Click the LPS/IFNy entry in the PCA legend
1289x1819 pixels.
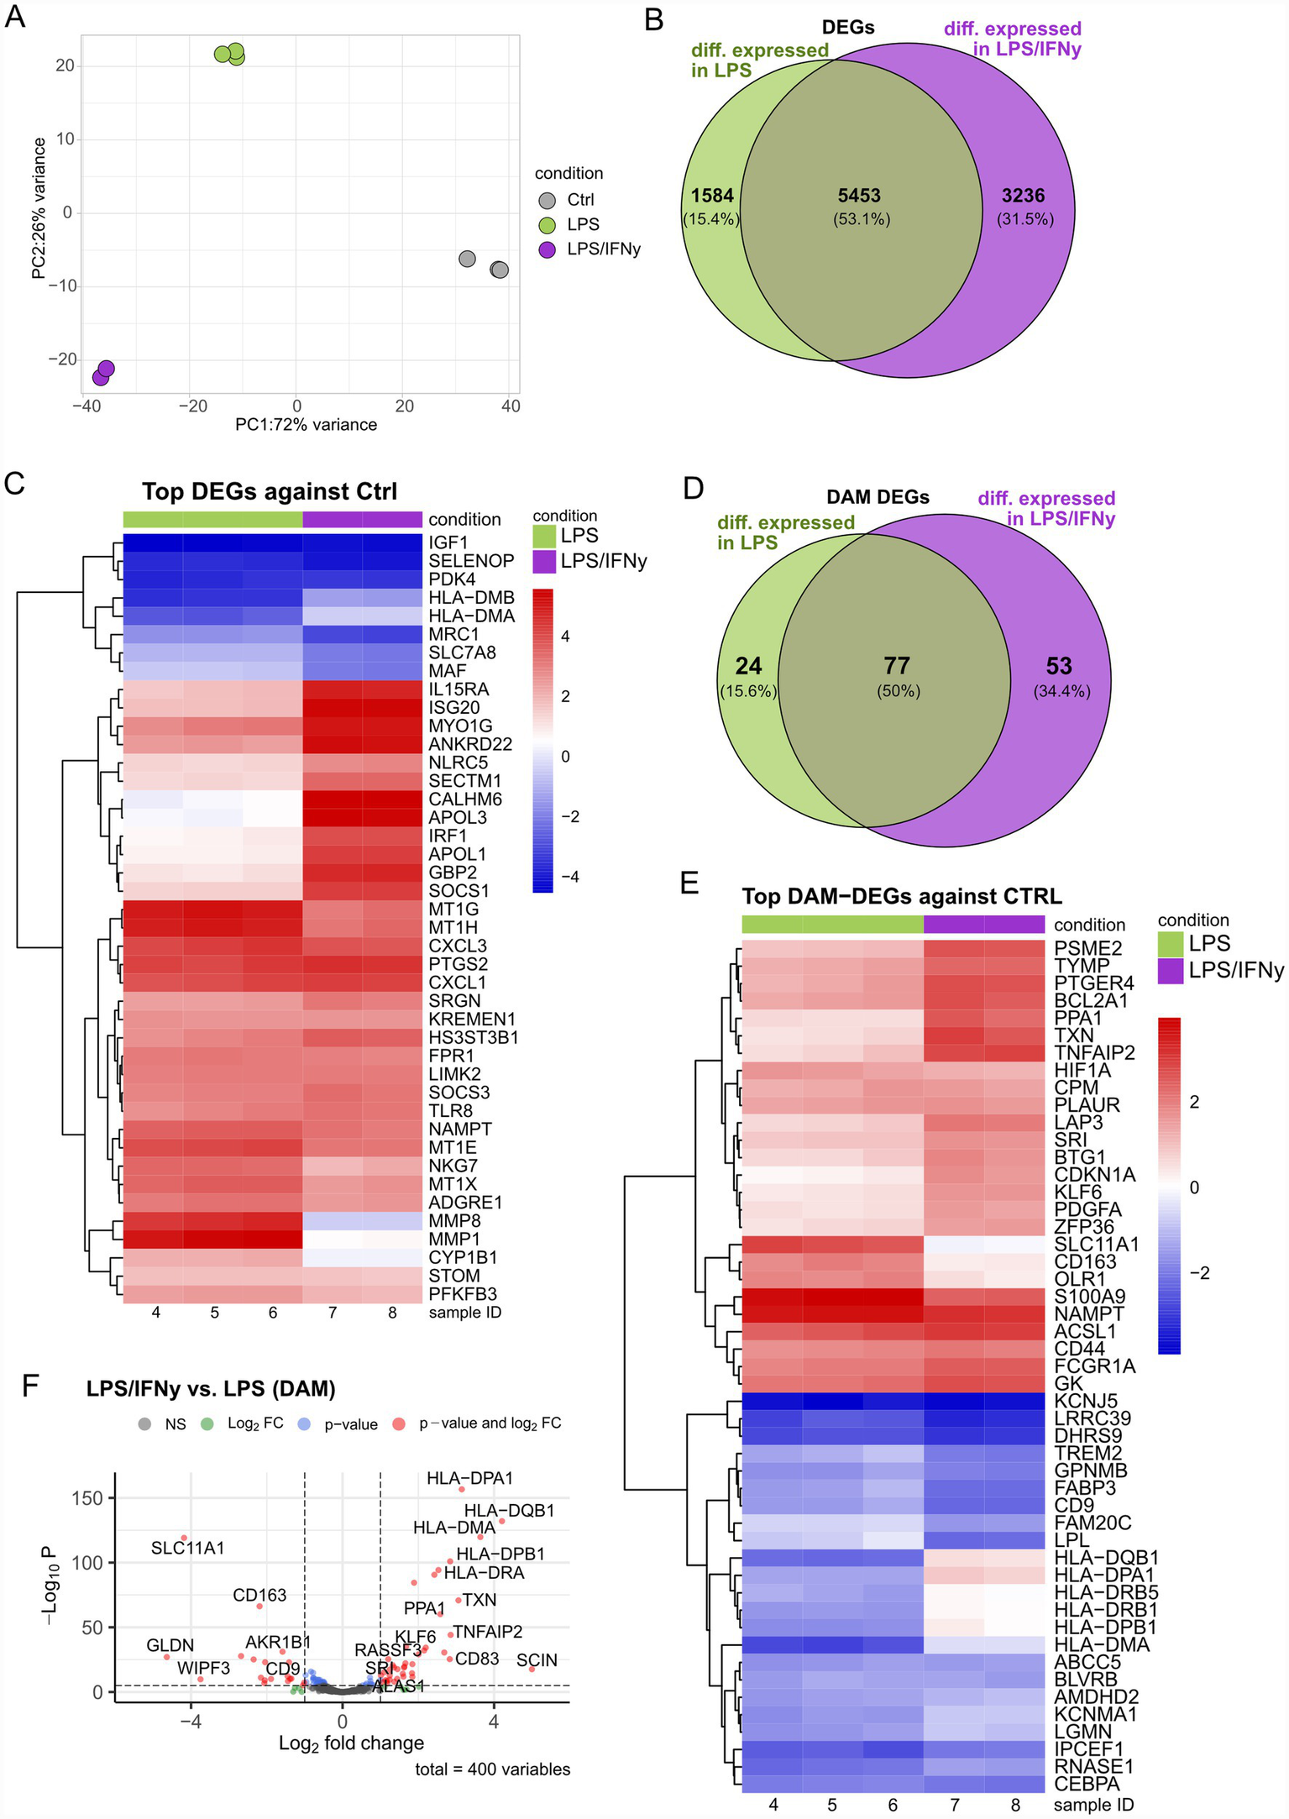[603, 249]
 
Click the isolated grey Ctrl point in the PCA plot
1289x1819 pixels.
[467, 259]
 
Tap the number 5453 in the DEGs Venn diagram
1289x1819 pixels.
[859, 196]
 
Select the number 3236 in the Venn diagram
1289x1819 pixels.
[1023, 196]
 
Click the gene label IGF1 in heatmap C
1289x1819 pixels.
[448, 543]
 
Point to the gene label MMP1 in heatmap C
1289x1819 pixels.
[454, 1239]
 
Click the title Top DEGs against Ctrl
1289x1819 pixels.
[269, 491]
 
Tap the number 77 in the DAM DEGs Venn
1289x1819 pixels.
[897, 666]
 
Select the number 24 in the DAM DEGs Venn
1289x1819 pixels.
[748, 666]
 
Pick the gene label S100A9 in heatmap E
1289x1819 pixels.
[1090, 1297]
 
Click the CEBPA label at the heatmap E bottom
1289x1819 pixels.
[1087, 1783]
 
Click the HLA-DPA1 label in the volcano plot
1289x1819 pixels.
[469, 1478]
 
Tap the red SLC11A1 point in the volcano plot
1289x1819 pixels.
[184, 1538]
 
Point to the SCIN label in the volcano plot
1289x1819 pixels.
[537, 1660]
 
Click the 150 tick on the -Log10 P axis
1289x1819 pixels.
[87, 1498]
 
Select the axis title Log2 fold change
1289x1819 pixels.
[351, 1743]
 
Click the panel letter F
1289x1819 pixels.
[30, 1386]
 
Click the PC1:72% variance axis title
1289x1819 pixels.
[306, 425]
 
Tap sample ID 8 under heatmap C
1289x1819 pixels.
[392, 1313]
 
